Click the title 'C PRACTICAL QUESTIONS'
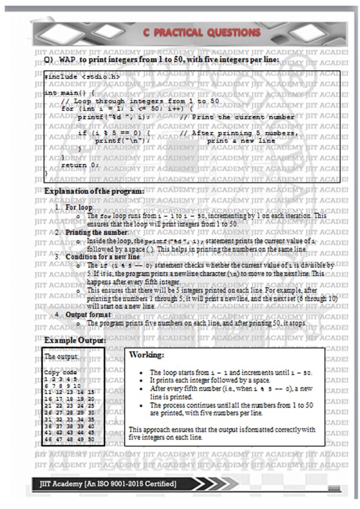[x=201, y=33]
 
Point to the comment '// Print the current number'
[x=237, y=117]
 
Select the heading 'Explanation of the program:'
[x=94, y=191]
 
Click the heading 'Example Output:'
[x=75, y=340]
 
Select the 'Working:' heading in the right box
[x=146, y=355]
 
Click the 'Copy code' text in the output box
[x=60, y=372]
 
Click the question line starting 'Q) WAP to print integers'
[x=162, y=60]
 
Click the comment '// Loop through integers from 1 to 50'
[x=140, y=101]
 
